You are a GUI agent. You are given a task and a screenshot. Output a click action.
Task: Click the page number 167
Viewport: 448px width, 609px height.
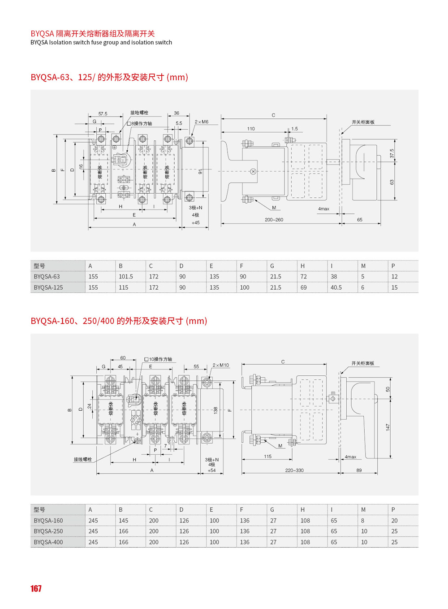click(x=36, y=588)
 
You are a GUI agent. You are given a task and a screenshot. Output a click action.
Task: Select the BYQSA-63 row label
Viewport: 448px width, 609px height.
click(x=47, y=277)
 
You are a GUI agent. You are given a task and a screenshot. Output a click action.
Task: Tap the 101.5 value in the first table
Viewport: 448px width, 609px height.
click(x=126, y=277)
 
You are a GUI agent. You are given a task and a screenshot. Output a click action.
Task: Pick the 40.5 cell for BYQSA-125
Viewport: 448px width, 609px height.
click(x=336, y=287)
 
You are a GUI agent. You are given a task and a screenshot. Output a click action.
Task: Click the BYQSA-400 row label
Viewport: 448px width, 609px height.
click(x=48, y=542)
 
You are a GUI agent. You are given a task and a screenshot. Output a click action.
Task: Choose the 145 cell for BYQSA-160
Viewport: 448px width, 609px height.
click(x=123, y=521)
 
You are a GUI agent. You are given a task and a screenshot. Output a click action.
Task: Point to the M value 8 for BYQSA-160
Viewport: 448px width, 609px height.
click(x=362, y=521)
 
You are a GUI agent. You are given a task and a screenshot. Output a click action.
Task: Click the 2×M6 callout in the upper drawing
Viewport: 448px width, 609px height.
click(x=202, y=122)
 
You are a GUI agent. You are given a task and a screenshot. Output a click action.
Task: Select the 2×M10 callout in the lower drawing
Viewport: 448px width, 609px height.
click(x=220, y=365)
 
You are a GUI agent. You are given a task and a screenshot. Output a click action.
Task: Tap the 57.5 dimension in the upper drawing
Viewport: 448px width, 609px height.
click(x=103, y=114)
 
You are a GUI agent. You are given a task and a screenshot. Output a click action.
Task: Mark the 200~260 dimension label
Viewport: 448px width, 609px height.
click(x=274, y=220)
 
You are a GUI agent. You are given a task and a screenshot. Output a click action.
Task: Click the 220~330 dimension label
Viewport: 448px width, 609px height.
click(x=294, y=470)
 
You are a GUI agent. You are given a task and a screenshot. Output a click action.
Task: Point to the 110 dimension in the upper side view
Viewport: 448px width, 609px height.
click(x=251, y=129)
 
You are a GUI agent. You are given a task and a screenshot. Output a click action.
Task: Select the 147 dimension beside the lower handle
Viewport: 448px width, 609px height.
click(x=388, y=427)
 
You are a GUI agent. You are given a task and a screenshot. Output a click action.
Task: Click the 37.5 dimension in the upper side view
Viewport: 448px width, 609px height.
click(x=392, y=153)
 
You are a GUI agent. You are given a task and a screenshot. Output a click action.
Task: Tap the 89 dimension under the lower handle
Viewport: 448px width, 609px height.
click(x=359, y=470)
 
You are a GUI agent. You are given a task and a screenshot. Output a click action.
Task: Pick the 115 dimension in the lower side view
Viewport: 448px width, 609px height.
click(x=267, y=457)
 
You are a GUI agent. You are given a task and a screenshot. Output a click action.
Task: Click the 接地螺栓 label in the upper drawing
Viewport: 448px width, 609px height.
click(x=139, y=113)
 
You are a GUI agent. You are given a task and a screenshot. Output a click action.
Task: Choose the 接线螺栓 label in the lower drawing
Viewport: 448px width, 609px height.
click(x=83, y=460)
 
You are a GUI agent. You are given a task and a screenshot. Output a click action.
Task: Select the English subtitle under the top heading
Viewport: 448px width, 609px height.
click(x=101, y=43)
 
